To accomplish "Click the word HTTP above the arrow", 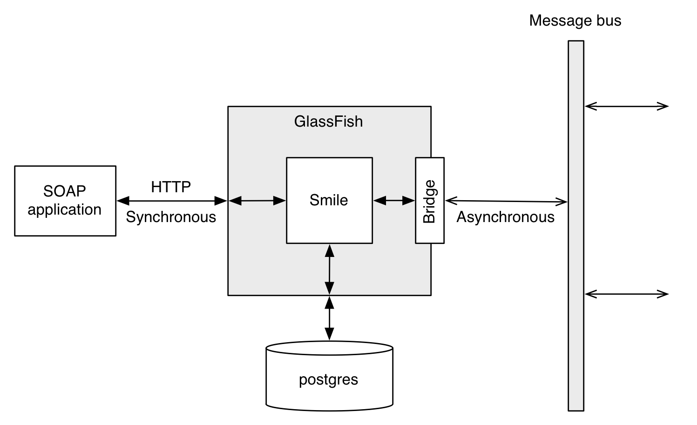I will (x=171, y=187).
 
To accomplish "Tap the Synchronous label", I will (x=171, y=217).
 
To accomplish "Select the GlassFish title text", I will (x=328, y=121).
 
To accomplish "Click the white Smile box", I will (x=329, y=219).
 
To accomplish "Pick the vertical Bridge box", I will (x=429, y=201).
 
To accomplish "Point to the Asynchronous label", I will (x=505, y=217).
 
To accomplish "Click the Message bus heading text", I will (x=575, y=21).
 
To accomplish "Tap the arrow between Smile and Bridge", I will (x=394, y=201).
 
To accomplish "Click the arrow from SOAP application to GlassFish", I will (x=171, y=201).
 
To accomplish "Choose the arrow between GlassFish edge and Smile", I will (x=257, y=201).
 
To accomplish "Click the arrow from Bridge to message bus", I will (x=506, y=201).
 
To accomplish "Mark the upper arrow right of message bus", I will (x=626, y=107).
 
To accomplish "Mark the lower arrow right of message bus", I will (x=626, y=294).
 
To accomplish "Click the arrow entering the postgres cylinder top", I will (x=329, y=318).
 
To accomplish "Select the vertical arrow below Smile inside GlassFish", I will (x=329, y=269).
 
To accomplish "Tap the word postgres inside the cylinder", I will (x=328, y=379).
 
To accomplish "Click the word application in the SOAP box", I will (x=64, y=209).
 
